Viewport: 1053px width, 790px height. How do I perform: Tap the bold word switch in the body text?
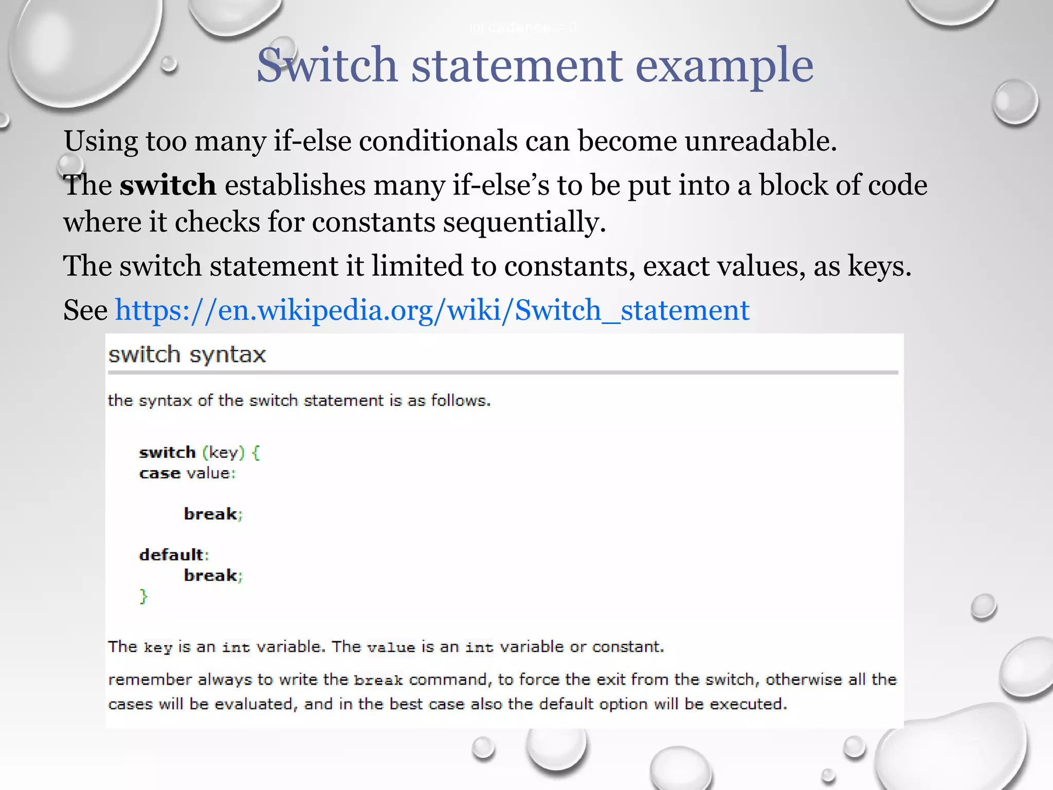(x=168, y=185)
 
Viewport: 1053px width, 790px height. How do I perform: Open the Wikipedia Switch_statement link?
(x=432, y=310)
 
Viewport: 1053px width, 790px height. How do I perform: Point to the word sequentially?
(x=524, y=222)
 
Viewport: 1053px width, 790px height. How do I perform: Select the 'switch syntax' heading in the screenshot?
(x=187, y=355)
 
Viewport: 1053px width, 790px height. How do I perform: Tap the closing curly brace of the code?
(x=143, y=596)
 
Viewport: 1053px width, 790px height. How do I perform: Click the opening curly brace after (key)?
(x=256, y=453)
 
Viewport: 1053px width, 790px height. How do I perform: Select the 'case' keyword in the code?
(x=159, y=473)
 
